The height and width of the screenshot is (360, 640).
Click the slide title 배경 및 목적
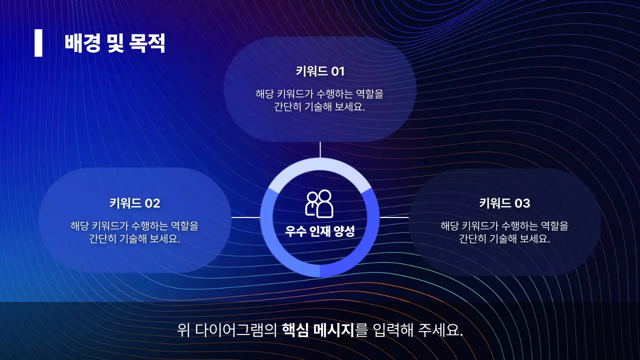tap(114, 44)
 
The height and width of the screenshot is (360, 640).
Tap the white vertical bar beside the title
tap(38, 43)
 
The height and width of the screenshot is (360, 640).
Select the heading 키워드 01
tap(320, 71)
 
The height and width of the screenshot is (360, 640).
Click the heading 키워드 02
tap(134, 203)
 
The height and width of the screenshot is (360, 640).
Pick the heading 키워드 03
tap(504, 203)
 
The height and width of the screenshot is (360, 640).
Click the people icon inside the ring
tap(319, 203)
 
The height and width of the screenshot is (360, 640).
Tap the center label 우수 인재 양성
tap(319, 231)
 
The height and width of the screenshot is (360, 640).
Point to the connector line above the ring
tap(320, 149)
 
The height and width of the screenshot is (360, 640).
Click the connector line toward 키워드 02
tap(245, 217)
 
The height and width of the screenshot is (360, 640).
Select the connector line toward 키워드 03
tap(394, 217)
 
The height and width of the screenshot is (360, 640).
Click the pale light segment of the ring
tap(320, 165)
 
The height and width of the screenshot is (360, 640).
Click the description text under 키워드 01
tap(319, 100)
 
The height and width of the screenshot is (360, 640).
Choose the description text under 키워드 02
tap(134, 232)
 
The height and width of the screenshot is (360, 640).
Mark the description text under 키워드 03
tap(504, 232)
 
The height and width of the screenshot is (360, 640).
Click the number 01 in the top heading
tap(338, 71)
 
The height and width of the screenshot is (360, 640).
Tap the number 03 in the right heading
tap(522, 203)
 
